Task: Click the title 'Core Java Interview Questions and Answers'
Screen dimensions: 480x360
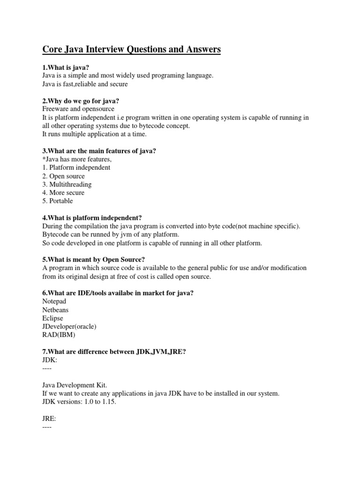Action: pos(132,49)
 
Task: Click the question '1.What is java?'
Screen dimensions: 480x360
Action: pos(66,67)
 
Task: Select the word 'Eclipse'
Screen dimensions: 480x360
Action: pos(52,318)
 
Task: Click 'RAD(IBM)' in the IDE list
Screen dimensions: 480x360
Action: pos(59,335)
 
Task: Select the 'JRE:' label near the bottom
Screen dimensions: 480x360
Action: pos(49,419)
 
